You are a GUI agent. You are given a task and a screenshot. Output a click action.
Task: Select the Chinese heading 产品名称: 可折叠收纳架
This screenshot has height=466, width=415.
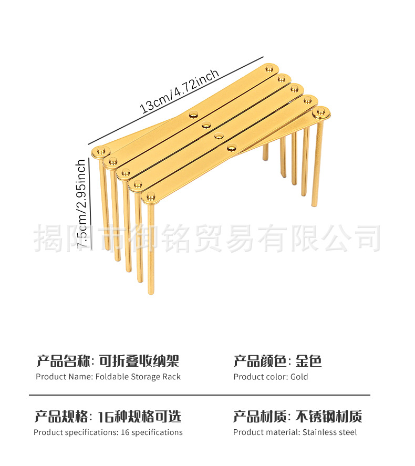pyautogui.click(x=108, y=361)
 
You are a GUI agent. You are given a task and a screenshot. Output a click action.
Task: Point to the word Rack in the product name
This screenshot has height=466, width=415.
pyautogui.click(x=171, y=377)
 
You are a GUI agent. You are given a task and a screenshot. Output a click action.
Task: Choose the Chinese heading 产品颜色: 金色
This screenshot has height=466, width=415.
pyautogui.click(x=277, y=361)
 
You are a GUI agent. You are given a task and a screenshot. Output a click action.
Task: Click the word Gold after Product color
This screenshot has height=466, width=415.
pyautogui.click(x=299, y=377)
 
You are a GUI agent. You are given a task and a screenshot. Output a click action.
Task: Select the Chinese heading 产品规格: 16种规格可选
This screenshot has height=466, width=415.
pyautogui.click(x=108, y=417)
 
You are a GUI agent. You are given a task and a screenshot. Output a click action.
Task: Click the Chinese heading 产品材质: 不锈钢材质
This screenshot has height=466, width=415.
pyautogui.click(x=298, y=417)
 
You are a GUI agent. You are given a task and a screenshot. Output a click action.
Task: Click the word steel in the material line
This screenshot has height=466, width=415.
pyautogui.click(x=347, y=432)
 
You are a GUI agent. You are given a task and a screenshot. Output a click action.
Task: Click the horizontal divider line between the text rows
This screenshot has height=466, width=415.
pyautogui.click(x=200, y=395)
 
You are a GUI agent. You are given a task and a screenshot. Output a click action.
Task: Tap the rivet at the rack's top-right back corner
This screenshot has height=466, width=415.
pyautogui.click(x=271, y=68)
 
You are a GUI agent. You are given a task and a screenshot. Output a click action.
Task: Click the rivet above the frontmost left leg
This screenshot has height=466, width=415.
pyautogui.click(x=151, y=198)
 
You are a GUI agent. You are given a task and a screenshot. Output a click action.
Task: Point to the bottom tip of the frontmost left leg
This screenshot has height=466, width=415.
pyautogui.click(x=151, y=292)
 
